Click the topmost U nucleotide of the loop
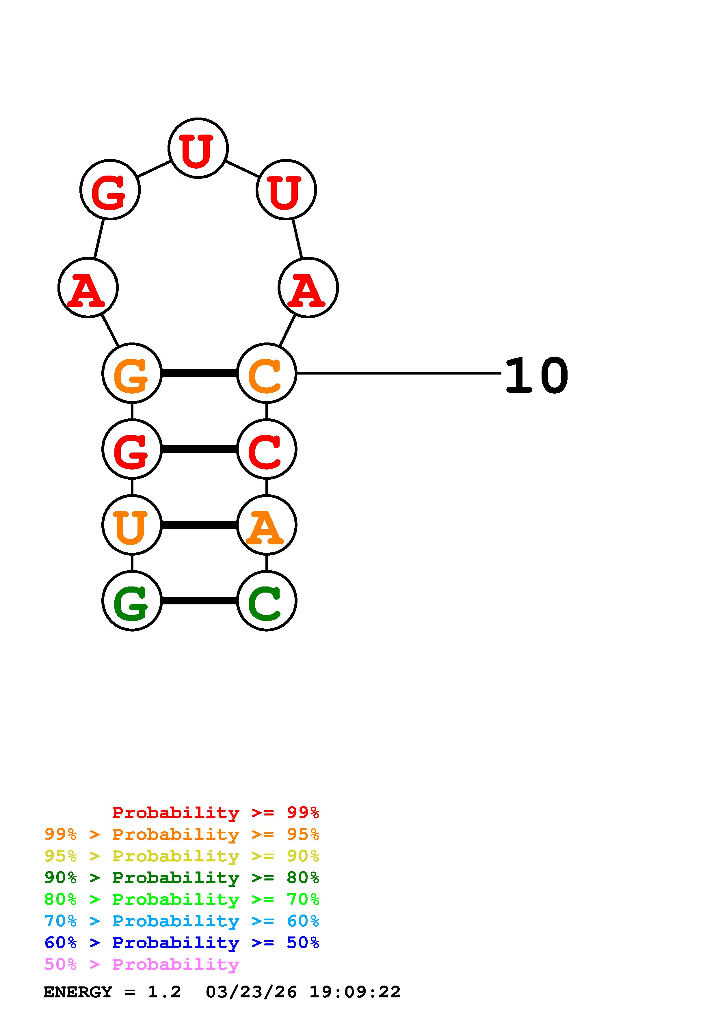click(x=198, y=148)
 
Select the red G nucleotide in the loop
click(x=110, y=190)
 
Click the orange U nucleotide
click(x=132, y=525)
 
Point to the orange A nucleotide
click(x=267, y=525)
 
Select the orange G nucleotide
click(x=132, y=373)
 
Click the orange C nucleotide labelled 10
click(x=267, y=373)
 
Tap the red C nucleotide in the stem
click(x=267, y=449)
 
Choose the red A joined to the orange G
click(x=88, y=288)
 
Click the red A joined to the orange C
click(x=308, y=288)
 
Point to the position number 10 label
click(x=536, y=375)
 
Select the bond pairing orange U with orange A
click(x=199, y=525)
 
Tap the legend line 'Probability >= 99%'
click(x=215, y=813)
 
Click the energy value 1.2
click(x=164, y=992)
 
